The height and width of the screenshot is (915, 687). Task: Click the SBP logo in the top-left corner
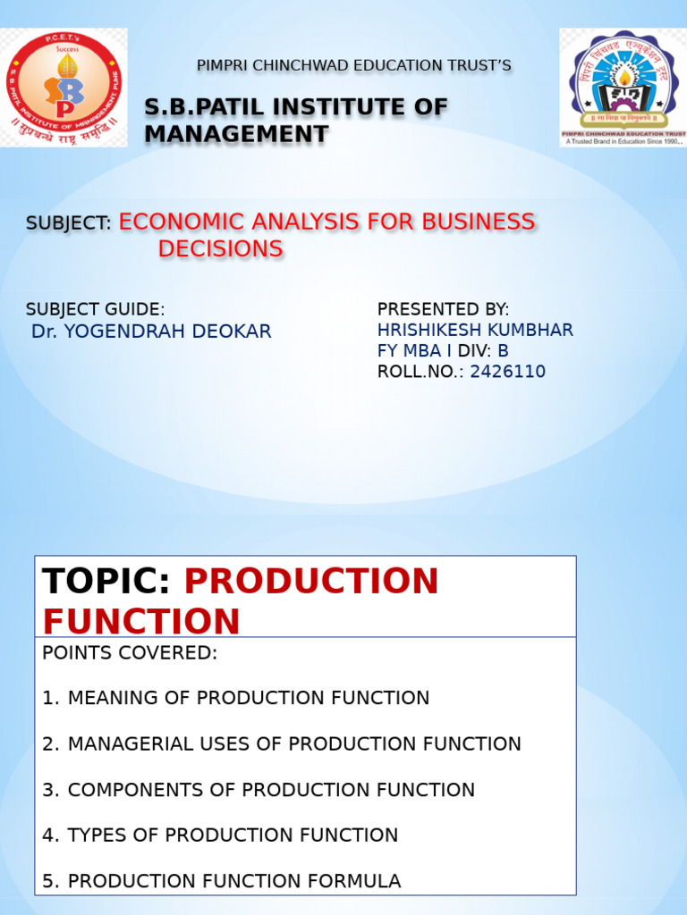(64, 87)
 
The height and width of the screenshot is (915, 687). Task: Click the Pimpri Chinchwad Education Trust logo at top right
(623, 87)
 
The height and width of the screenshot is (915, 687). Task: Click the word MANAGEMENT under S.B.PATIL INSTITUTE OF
(236, 135)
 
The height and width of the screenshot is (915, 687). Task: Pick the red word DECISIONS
(221, 249)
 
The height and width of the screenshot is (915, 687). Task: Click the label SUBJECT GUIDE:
(96, 309)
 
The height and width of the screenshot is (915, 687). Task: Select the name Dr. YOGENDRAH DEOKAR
(151, 332)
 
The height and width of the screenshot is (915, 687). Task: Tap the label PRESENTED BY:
(443, 309)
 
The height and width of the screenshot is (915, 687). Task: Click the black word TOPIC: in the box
(106, 582)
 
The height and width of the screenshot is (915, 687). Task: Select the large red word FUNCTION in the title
(141, 621)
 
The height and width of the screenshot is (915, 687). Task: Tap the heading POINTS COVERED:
(130, 653)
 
